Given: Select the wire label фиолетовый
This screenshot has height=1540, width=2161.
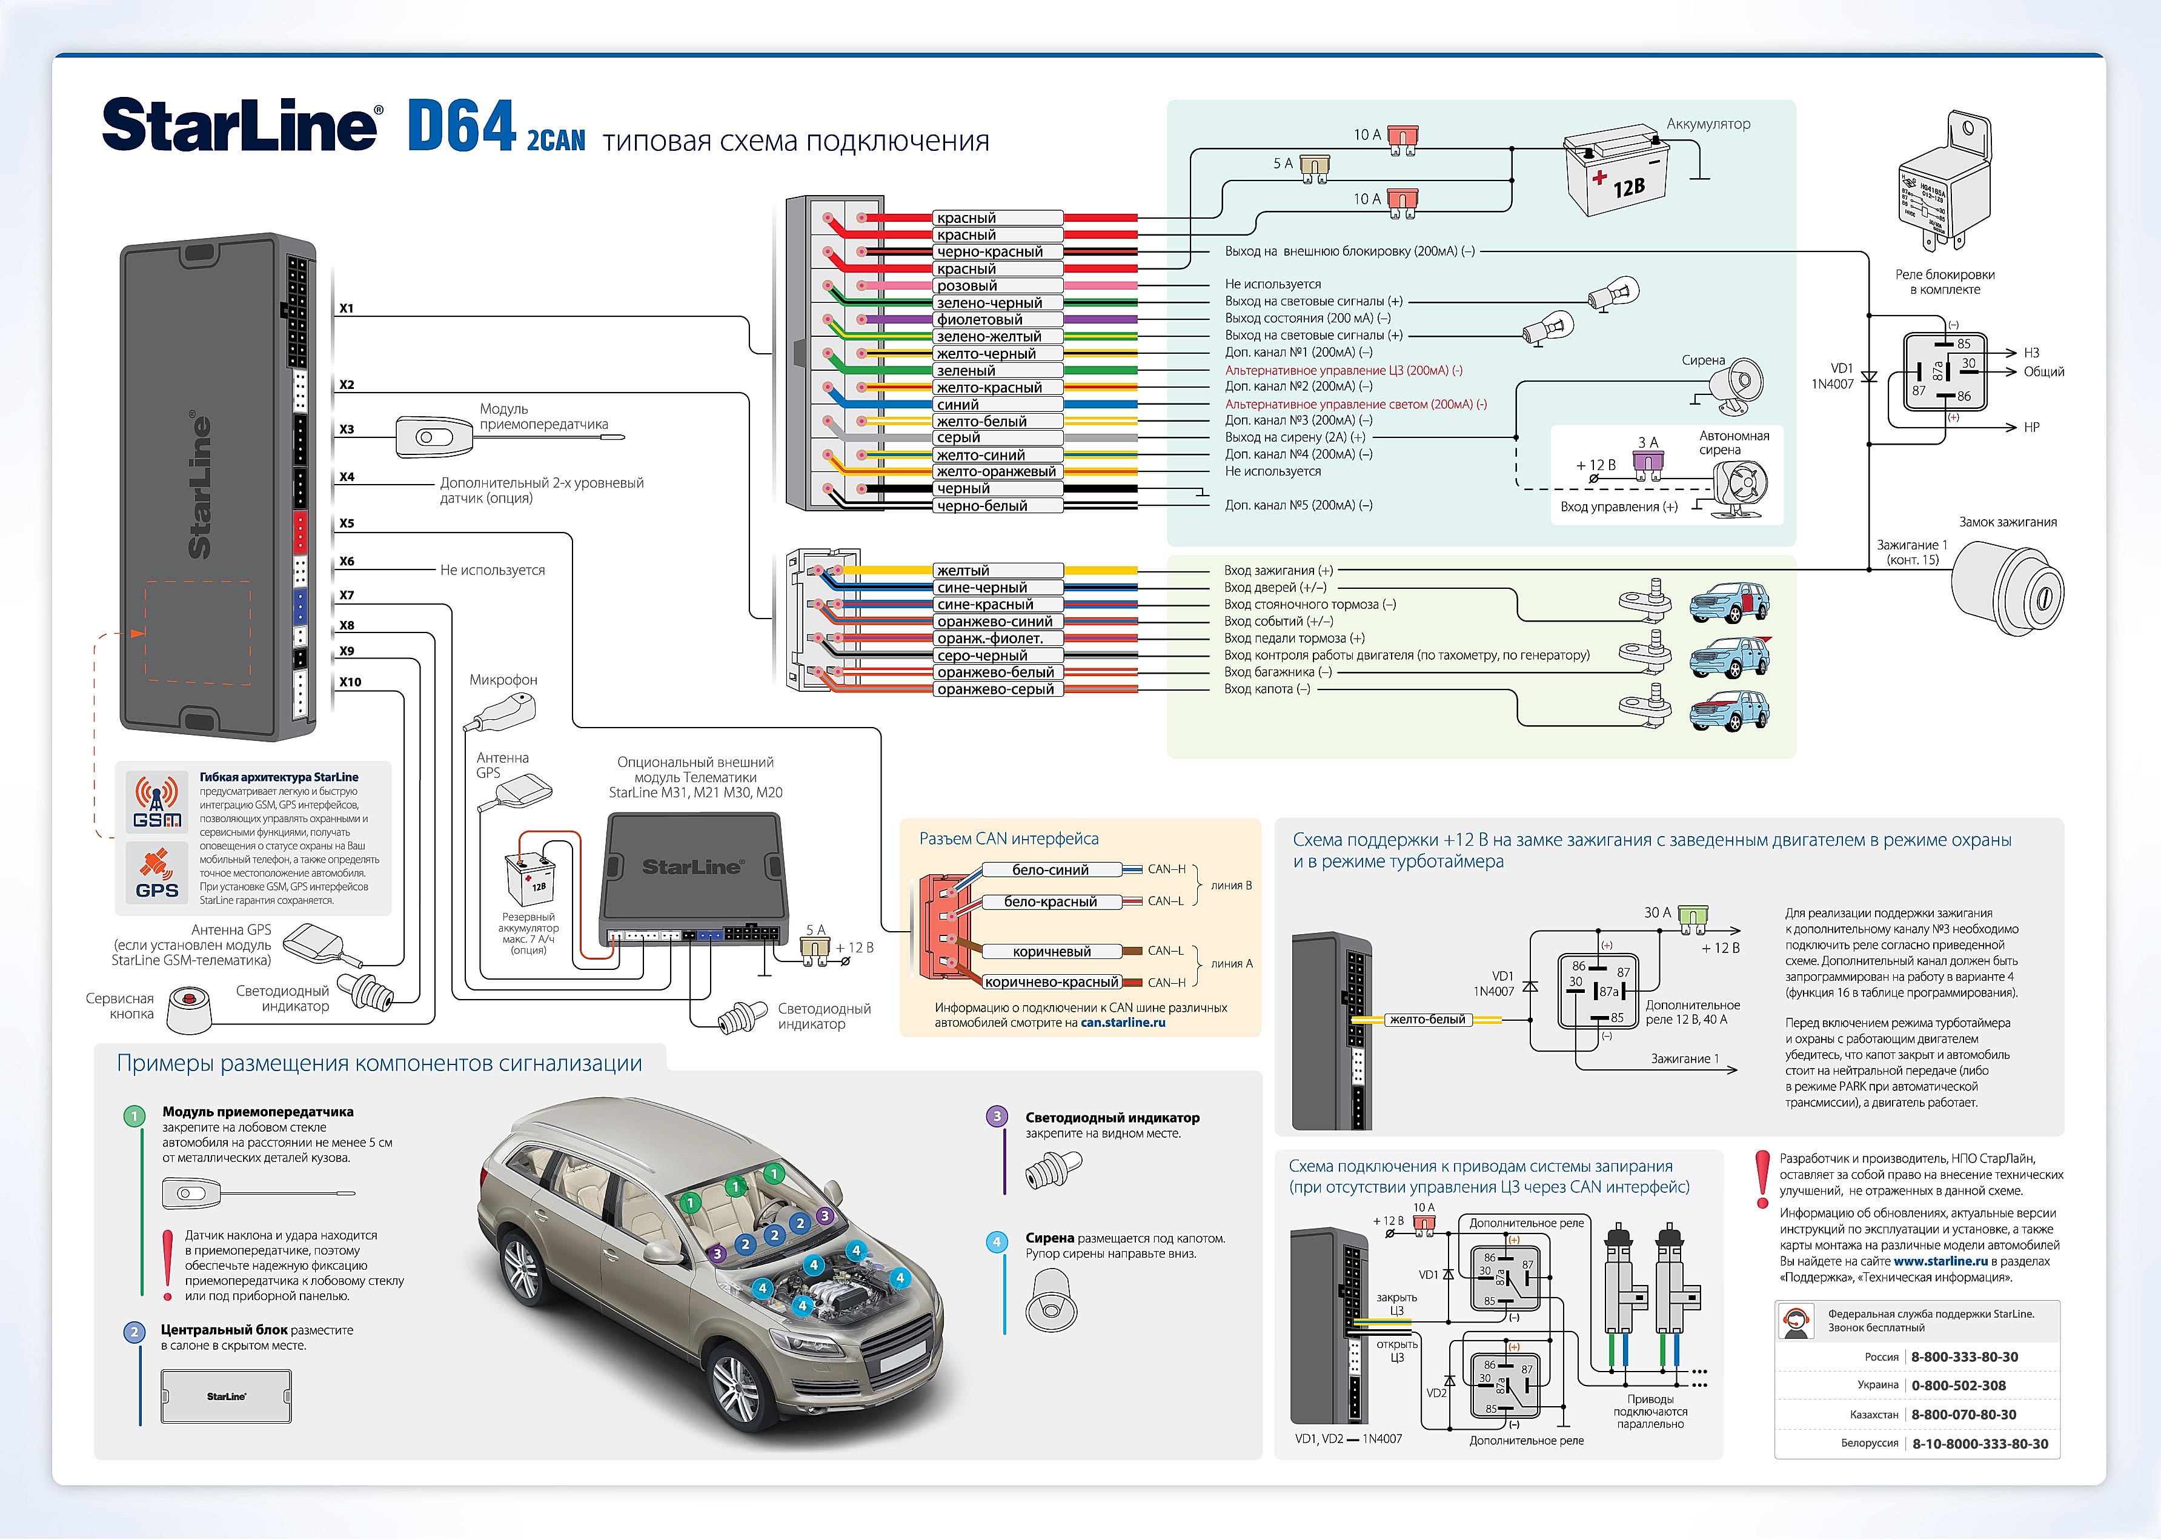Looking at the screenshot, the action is tap(980, 319).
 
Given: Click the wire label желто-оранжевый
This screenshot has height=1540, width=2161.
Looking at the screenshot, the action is tap(995, 471).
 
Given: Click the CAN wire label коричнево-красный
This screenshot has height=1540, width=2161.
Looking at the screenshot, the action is tap(1051, 983).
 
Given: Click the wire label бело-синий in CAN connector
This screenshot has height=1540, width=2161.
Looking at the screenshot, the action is tap(1051, 869).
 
